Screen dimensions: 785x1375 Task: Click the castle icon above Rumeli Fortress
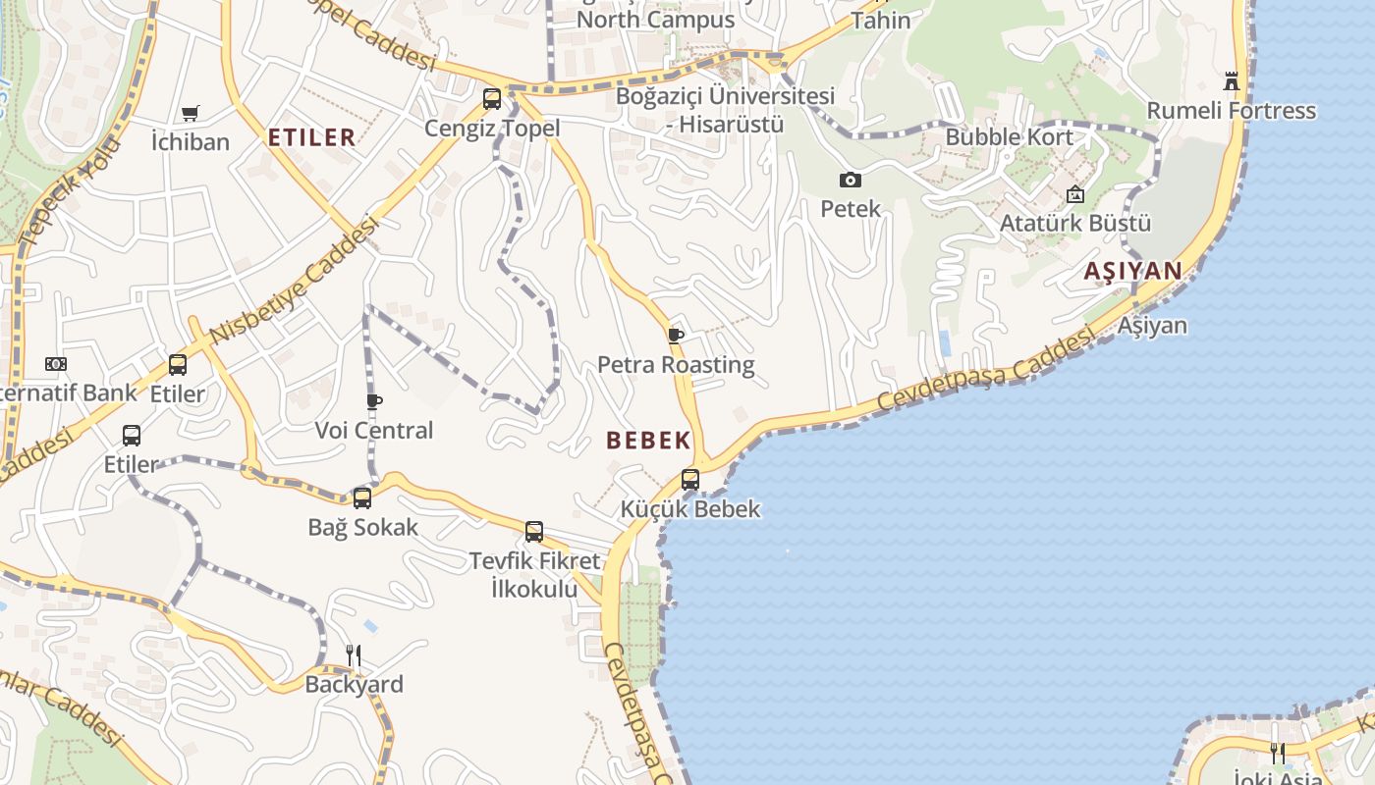[1232, 81]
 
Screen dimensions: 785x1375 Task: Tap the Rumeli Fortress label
[1232, 110]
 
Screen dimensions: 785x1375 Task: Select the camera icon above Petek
[851, 180]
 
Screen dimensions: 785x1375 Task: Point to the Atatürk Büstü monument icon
[1075, 194]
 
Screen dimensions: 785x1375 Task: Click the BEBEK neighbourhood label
[649, 441]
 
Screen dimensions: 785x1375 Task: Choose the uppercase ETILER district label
[311, 137]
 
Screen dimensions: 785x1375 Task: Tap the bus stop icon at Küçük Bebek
[690, 480]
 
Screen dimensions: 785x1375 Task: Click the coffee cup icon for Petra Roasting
[676, 336]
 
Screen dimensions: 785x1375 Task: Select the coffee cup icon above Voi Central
[374, 400]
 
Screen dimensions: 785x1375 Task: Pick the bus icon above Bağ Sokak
[362, 497]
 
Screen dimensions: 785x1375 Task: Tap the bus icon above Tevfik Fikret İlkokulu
[534, 532]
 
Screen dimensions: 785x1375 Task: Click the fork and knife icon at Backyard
[354, 655]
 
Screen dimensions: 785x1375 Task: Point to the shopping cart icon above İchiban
[191, 114]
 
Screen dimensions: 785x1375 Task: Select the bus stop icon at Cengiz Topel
[492, 99]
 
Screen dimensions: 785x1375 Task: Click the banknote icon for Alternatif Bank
[56, 364]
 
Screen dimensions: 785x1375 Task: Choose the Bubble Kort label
[1010, 136]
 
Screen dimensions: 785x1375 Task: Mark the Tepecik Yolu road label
[68, 192]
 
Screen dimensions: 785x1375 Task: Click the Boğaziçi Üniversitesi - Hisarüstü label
[725, 110]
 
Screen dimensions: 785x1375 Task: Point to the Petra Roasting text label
[676, 365]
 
